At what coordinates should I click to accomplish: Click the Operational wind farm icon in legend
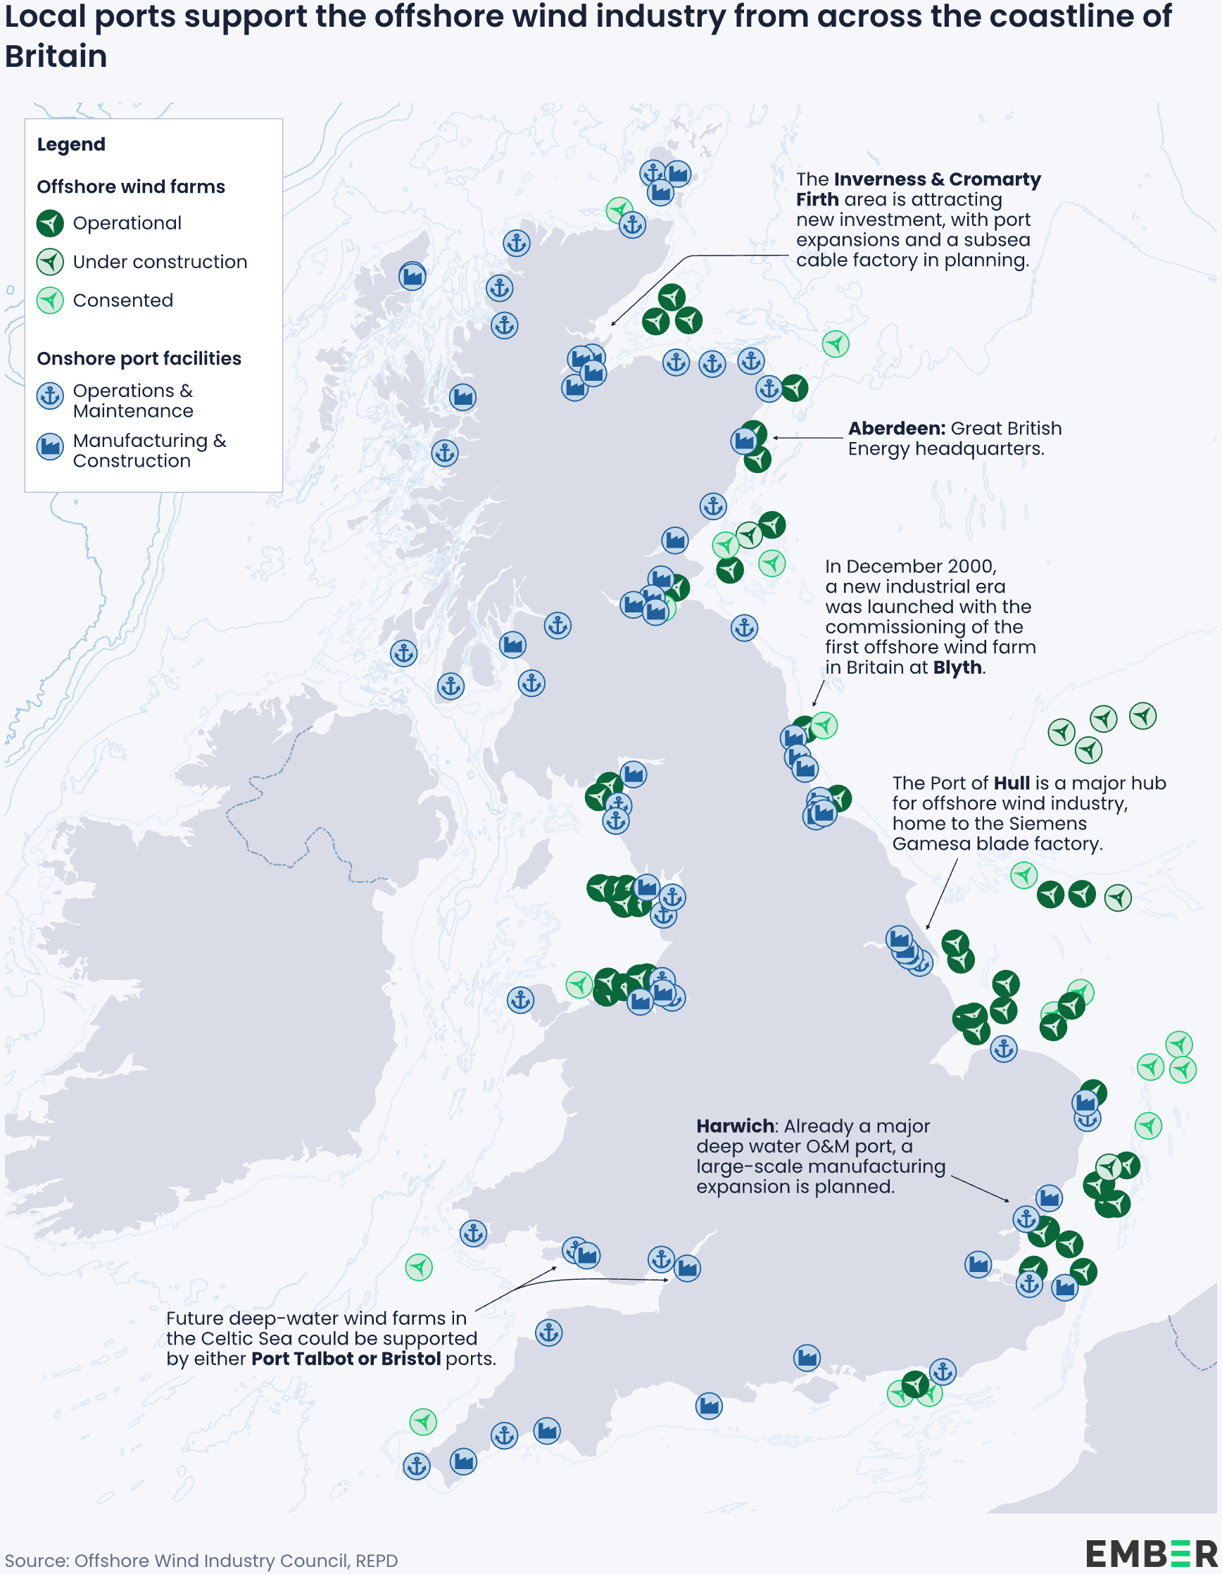tap(50, 223)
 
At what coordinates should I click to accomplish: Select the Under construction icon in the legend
tap(50, 262)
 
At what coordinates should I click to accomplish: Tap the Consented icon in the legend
tap(50, 300)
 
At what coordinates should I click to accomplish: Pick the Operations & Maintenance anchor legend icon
tap(50, 396)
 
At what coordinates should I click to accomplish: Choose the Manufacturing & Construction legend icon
tap(50, 447)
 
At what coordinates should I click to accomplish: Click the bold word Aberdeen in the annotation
tap(896, 428)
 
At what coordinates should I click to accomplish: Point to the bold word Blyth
tap(957, 667)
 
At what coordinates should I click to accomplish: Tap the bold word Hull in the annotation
tap(1012, 783)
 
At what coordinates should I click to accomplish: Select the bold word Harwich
tap(735, 1126)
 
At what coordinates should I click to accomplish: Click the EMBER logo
tap(1151, 1554)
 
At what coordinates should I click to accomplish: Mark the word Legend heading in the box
tap(70, 144)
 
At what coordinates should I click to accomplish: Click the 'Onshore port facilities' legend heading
tap(139, 358)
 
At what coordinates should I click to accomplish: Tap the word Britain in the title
tap(56, 56)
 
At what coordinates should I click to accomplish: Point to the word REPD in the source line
tap(376, 1561)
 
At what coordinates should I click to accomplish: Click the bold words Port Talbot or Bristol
tap(346, 1359)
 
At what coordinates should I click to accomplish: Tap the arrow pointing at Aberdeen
tap(807, 437)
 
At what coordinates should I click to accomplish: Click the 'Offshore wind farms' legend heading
tap(130, 187)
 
